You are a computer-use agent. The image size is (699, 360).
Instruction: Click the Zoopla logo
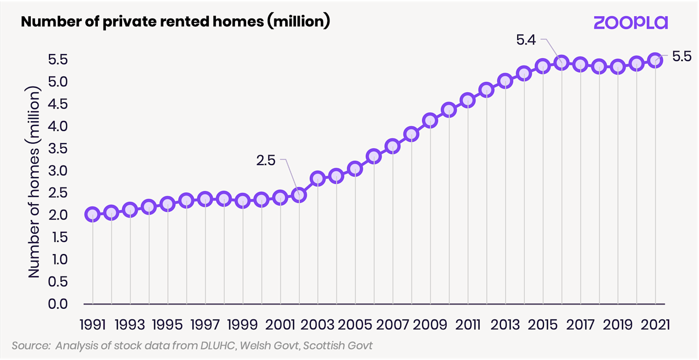click(630, 22)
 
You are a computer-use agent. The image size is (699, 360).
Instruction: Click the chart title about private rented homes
click(175, 22)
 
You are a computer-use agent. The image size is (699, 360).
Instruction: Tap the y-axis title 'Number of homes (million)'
click(34, 182)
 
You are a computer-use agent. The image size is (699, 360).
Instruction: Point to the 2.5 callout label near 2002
click(266, 161)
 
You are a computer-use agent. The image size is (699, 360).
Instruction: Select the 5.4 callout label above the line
click(526, 40)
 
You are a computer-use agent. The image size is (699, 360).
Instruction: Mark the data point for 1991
click(92, 215)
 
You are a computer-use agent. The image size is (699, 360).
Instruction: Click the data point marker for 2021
click(655, 60)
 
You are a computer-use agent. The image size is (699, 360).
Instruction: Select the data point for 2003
click(317, 178)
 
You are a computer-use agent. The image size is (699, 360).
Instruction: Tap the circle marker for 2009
click(430, 120)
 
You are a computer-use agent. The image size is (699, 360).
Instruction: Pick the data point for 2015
click(542, 66)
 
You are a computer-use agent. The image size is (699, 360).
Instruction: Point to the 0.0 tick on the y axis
click(59, 304)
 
